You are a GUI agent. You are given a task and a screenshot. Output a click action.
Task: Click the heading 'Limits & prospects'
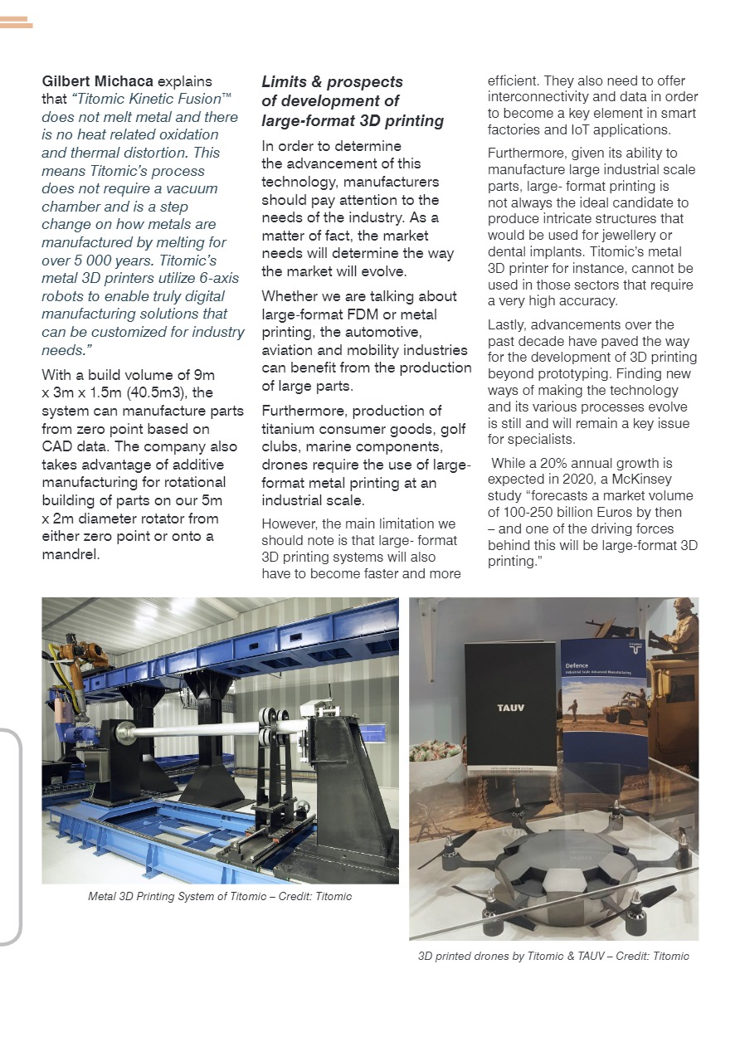[332, 81]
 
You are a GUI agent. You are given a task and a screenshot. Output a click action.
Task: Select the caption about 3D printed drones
[553, 956]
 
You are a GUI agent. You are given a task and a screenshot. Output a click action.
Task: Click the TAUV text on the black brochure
[510, 708]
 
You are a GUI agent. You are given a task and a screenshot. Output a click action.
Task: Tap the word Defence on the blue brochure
[577, 665]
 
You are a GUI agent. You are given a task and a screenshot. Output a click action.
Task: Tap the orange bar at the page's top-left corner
[16, 22]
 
